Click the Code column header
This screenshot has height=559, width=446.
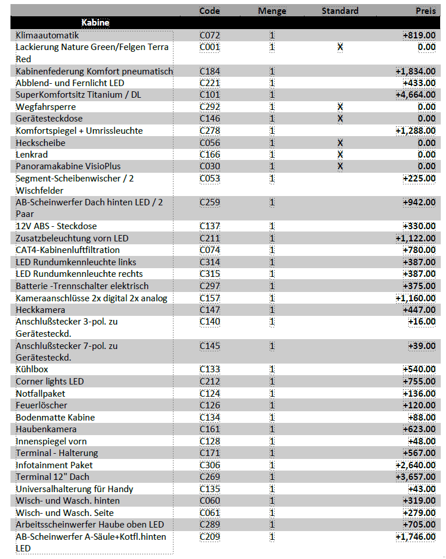click(210, 10)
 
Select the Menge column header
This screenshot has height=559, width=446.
click(272, 10)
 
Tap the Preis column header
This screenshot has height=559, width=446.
click(426, 10)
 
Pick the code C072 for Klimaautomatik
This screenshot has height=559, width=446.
click(210, 35)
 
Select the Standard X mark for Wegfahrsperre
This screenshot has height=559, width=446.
click(340, 107)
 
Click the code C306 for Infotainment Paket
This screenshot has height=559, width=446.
click(210, 465)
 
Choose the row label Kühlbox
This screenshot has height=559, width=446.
click(32, 369)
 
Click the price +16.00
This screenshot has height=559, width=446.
click(422, 322)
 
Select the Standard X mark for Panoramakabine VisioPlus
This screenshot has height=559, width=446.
click(340, 166)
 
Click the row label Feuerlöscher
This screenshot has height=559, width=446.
click(41, 405)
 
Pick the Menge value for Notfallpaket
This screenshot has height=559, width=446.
click(272, 393)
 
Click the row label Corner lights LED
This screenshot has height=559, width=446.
click(49, 382)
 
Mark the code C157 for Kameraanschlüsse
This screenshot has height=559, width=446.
click(210, 298)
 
